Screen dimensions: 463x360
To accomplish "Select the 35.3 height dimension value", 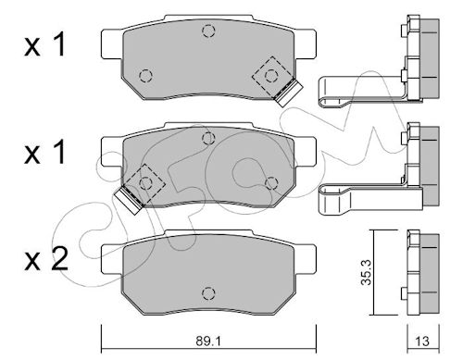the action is click(367, 272).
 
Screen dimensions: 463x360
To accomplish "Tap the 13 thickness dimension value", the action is click(422, 341).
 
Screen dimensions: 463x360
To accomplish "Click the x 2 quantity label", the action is click(46, 260).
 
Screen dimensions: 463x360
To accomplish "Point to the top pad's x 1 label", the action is click(45, 45).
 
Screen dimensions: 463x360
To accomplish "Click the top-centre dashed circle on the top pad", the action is click(208, 31).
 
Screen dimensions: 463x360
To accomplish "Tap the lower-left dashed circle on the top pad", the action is click(145, 76).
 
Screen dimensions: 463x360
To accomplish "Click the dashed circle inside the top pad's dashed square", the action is click(270, 75).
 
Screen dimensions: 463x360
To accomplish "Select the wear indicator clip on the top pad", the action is click(289, 93).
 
